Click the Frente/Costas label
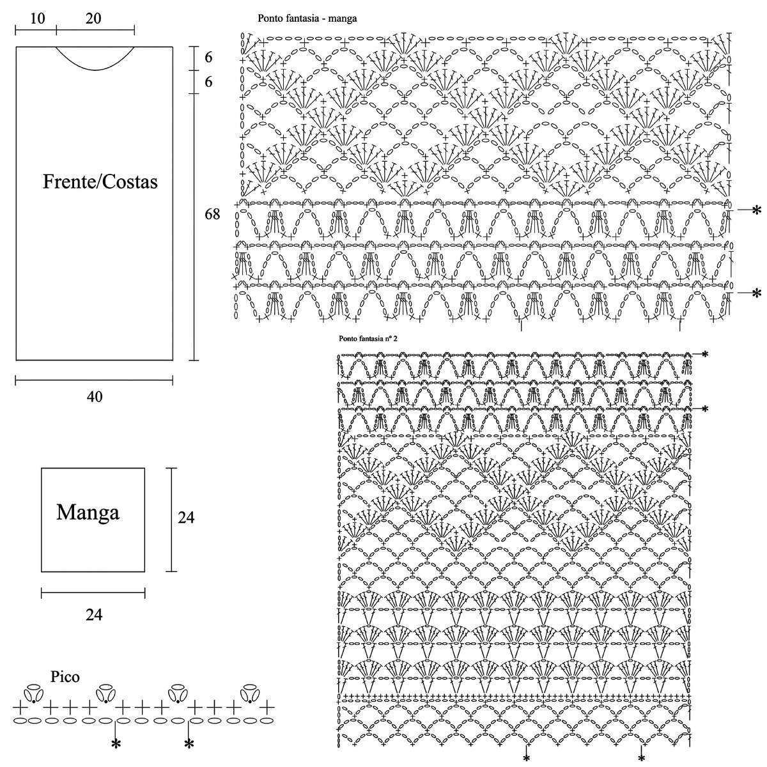(100, 182)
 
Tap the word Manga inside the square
(88, 512)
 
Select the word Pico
(66, 677)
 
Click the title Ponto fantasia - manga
(307, 19)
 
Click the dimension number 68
(212, 214)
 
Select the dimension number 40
(94, 397)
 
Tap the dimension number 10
(37, 19)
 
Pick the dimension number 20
(93, 19)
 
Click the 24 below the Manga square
(94, 615)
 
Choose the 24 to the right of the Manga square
(186, 518)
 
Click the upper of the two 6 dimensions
(208, 58)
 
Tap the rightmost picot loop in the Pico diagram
(250, 693)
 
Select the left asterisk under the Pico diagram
(116, 743)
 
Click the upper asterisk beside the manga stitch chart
(757, 210)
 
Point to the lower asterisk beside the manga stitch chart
(757, 293)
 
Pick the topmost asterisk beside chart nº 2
(705, 353)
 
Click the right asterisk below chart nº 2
(642, 758)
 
